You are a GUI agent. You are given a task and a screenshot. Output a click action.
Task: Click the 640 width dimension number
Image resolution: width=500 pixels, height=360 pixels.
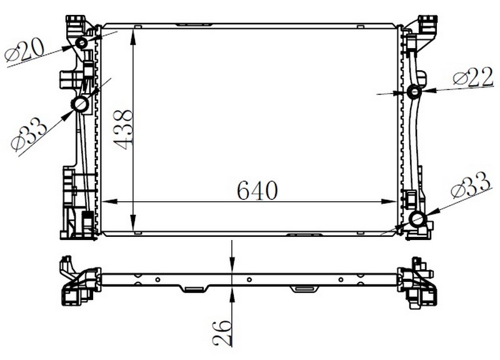point(257,191)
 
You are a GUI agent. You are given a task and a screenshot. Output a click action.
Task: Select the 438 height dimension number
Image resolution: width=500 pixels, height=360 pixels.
point(122,129)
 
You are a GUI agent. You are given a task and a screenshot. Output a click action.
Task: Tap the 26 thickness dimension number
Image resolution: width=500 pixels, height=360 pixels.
point(222,333)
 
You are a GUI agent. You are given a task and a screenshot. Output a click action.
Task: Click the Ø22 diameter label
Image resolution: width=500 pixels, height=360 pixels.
point(473,78)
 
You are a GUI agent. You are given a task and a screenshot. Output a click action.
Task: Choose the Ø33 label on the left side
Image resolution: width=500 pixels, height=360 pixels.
point(28,134)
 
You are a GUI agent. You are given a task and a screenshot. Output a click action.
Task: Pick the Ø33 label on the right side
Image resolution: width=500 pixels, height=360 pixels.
point(471,185)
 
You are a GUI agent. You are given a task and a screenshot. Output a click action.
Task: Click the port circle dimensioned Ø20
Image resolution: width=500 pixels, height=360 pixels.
point(82,42)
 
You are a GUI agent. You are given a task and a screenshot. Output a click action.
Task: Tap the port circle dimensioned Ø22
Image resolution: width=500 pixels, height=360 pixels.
point(414,92)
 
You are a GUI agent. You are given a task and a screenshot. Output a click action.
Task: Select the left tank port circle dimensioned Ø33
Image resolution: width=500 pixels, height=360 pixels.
point(81,104)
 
